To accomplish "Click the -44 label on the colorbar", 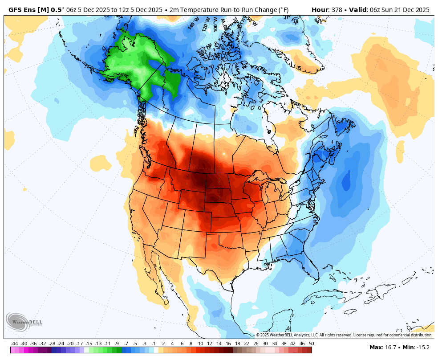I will (15, 344).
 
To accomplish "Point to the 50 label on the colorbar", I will (311, 344).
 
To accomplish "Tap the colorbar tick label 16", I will (228, 344).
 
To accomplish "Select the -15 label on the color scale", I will (89, 344).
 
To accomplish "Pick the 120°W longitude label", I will (206, 25).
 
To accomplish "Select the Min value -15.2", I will (423, 347).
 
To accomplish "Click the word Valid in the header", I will (358, 10).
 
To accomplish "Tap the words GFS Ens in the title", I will (24, 10).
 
